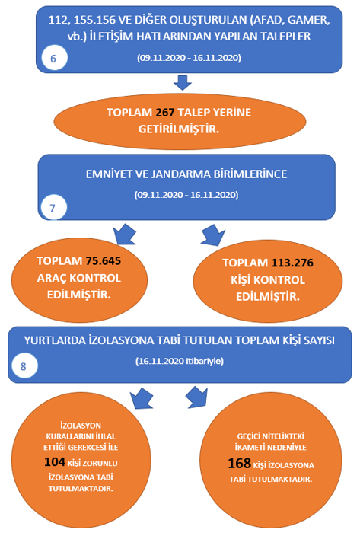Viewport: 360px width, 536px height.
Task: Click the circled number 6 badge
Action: click(54, 58)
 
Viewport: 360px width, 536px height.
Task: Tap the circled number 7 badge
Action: click(53, 208)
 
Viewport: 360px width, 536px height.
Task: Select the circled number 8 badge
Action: click(24, 366)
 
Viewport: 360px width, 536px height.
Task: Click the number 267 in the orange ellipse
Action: click(165, 113)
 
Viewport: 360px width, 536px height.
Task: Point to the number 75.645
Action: click(104, 261)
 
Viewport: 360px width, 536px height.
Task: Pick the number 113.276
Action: click(292, 263)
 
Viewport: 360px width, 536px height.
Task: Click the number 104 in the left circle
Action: click(55, 462)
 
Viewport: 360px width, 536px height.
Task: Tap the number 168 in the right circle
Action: click(240, 464)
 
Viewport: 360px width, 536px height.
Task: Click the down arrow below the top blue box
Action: click(183, 83)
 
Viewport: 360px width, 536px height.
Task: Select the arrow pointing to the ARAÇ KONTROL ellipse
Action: click(125, 234)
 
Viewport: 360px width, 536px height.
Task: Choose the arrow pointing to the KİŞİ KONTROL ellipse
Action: click(213, 234)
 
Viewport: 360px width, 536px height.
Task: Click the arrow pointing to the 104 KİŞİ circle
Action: click(142, 398)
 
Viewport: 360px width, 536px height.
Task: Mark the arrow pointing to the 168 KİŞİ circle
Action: click(197, 397)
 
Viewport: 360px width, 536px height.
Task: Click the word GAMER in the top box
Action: click(309, 20)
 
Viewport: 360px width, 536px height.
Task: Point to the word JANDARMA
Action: click(180, 174)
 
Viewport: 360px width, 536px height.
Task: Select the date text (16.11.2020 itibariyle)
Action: click(180, 362)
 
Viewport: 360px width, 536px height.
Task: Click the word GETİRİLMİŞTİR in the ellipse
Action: click(179, 129)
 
